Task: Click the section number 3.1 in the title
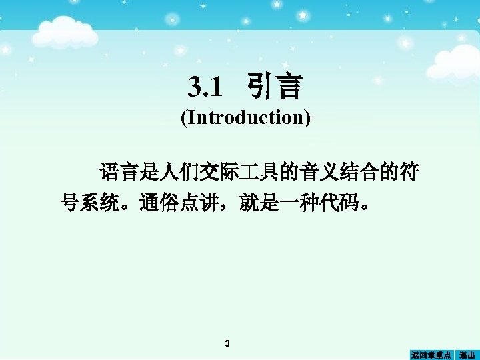[203, 87]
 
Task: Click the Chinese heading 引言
[274, 87]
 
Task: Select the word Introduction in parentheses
[246, 118]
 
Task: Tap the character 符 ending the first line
[409, 173]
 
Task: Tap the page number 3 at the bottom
[227, 344]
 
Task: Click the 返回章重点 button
[431, 355]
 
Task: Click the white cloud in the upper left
[64, 30]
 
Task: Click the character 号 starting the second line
[70, 203]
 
